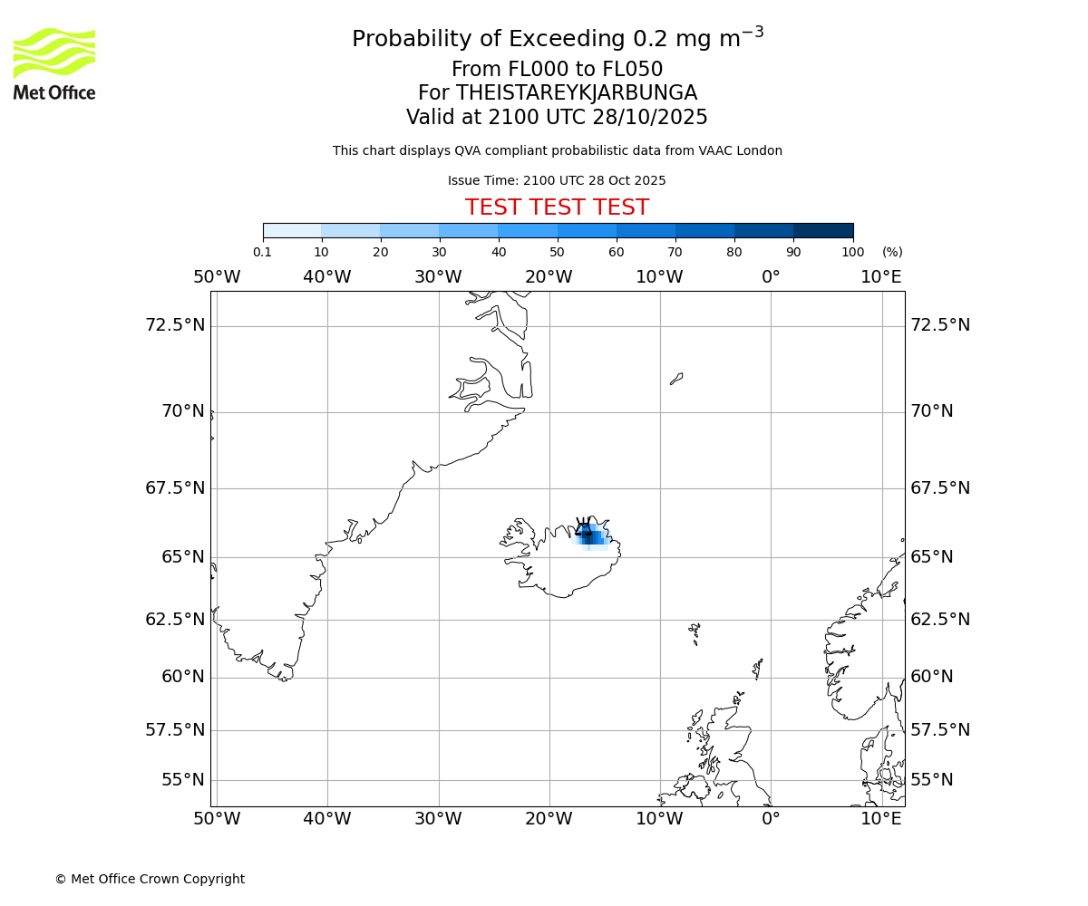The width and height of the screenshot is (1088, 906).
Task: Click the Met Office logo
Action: pos(54,63)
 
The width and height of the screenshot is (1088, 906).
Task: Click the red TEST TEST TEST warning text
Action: pos(557,207)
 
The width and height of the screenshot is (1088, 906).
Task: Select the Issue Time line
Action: pos(557,181)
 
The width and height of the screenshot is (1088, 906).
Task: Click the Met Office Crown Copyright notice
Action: pos(150,879)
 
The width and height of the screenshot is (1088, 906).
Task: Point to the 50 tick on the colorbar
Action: pos(557,252)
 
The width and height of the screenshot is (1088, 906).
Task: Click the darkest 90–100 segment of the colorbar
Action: pos(823,230)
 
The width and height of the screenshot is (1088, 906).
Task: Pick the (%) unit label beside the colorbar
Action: pos(892,252)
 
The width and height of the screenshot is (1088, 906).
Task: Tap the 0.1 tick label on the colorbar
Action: pos(262,252)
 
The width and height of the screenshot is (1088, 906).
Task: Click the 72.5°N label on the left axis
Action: pos(175,324)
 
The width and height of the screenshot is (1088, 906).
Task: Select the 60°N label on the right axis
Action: pos(932,677)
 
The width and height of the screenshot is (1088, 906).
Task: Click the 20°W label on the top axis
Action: pos(549,277)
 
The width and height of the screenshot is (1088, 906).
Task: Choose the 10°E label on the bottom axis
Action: pos(881,819)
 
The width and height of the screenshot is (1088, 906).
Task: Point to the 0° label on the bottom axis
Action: pos(771,819)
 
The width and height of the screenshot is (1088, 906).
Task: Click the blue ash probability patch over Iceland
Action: pos(591,535)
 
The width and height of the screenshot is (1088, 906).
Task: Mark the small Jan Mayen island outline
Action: pos(676,379)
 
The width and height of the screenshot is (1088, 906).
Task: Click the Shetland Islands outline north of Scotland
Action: pos(758,669)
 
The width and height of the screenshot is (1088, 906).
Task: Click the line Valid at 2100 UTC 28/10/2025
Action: pos(557,118)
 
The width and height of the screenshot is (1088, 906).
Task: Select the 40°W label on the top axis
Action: pos(327,277)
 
